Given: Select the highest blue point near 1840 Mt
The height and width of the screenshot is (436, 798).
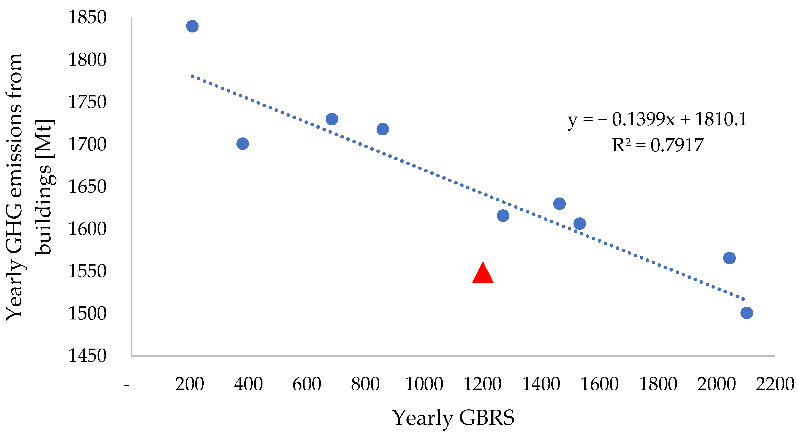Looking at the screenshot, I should pos(192,26).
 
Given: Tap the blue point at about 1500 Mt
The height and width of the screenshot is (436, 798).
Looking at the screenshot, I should pos(747,313).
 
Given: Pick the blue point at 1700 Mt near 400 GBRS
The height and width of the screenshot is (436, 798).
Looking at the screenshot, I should pos(243,144).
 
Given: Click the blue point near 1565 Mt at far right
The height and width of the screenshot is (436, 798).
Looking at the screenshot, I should pos(729,258).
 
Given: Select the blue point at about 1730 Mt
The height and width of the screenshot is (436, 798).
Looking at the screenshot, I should pos(332,119).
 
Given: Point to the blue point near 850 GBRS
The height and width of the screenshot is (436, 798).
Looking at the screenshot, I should pos(382,129).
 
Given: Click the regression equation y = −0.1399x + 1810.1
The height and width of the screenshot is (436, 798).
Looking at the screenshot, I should pos(657,119).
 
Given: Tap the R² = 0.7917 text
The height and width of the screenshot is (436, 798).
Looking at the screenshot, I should pos(657,145).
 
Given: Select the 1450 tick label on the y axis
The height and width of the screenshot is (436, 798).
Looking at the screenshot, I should pos(87,356).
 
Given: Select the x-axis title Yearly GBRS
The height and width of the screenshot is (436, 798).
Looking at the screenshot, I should pos(453,418).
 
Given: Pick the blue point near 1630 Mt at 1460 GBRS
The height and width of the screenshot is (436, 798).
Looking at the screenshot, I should pos(559,204).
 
